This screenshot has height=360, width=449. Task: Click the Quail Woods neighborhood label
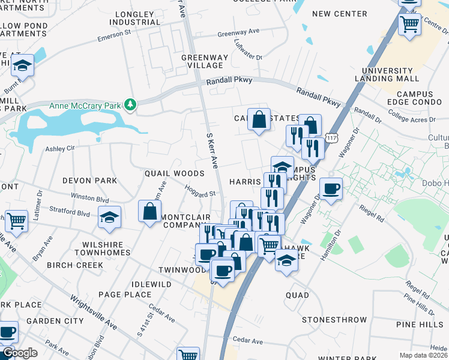coord(174,173)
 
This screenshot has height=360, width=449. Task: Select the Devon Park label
coord(89,180)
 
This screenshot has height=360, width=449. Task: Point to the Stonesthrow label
coord(335,320)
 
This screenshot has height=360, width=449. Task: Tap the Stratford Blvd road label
coord(71,213)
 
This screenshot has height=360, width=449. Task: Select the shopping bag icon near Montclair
coord(149,211)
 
